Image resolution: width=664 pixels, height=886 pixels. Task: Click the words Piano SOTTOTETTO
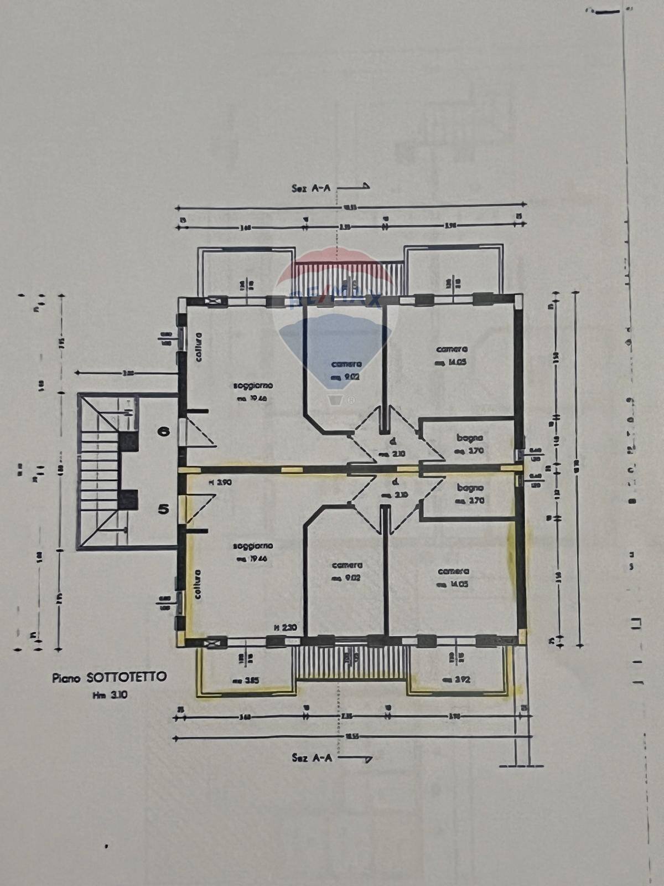point(109,677)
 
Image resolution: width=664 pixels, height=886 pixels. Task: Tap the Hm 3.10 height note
point(110,695)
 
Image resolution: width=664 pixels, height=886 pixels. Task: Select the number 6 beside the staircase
point(164,431)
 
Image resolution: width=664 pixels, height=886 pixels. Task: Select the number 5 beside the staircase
point(163,508)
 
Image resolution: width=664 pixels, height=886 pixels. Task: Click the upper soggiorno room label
point(252,386)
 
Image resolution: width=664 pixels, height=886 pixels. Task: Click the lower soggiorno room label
point(253,546)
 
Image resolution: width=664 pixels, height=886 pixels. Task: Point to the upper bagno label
point(470,438)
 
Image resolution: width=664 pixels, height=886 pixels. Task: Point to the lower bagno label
point(470,488)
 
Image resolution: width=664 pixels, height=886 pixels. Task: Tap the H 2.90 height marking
point(220,482)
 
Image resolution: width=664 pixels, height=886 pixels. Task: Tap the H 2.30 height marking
point(286,627)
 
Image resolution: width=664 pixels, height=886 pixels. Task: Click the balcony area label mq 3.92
point(456,679)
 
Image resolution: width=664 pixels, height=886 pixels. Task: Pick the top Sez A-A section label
point(311,188)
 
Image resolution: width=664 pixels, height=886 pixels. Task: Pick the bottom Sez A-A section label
point(312,758)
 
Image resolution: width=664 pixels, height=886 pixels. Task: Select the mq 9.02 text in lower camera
point(346,578)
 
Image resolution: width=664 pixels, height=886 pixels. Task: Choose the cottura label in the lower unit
point(198,584)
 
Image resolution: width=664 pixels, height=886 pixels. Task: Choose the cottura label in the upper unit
point(198,347)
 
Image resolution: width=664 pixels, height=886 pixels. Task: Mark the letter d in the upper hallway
point(392,442)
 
